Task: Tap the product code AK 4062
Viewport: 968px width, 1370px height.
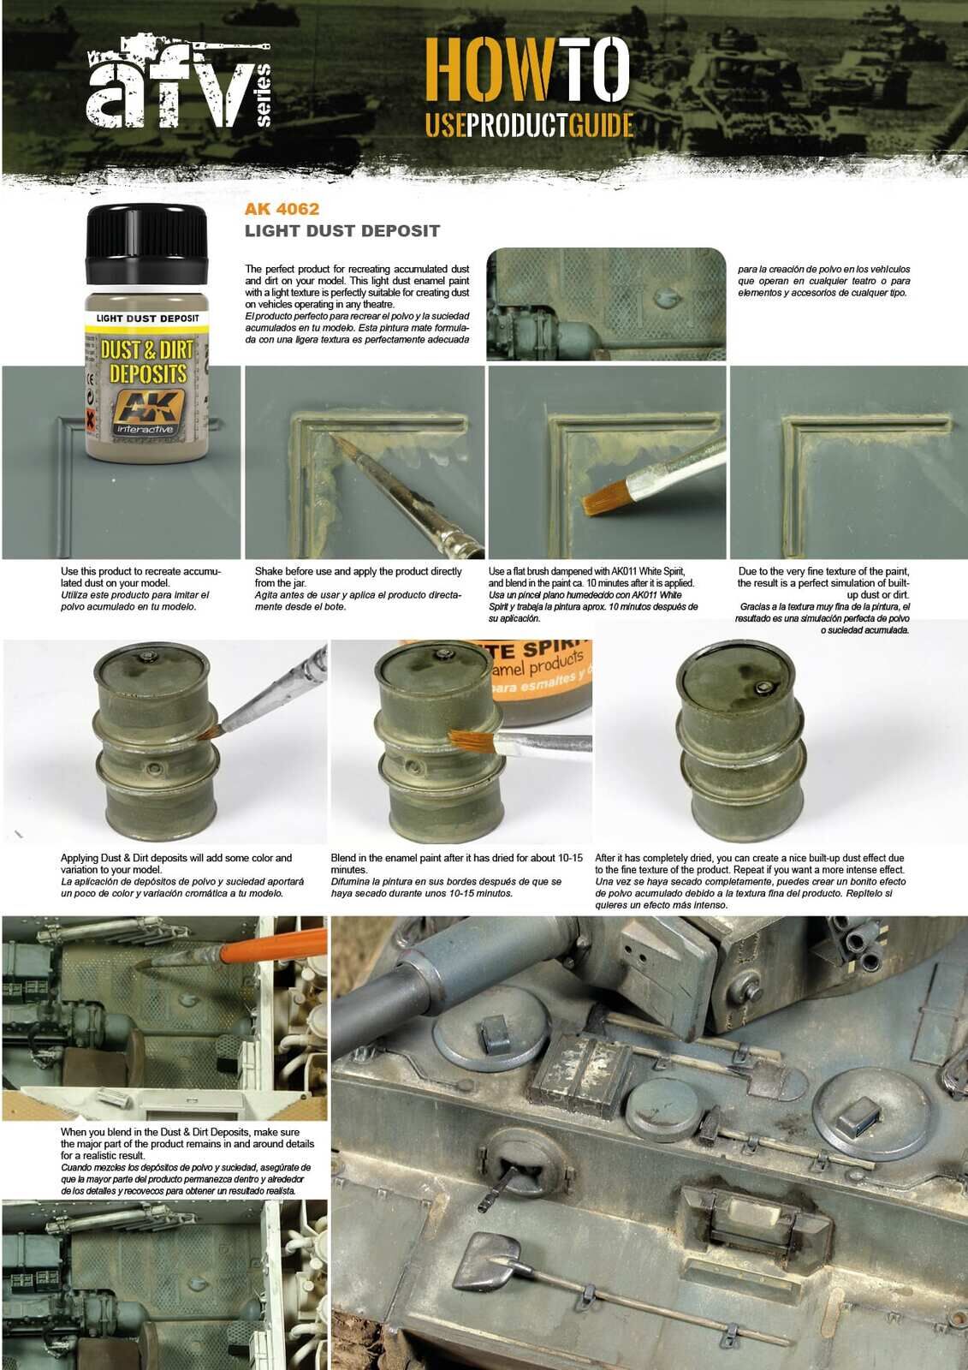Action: click(282, 208)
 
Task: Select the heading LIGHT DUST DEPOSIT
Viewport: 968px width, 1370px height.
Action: click(342, 230)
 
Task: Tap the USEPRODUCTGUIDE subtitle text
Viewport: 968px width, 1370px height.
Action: click(529, 125)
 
